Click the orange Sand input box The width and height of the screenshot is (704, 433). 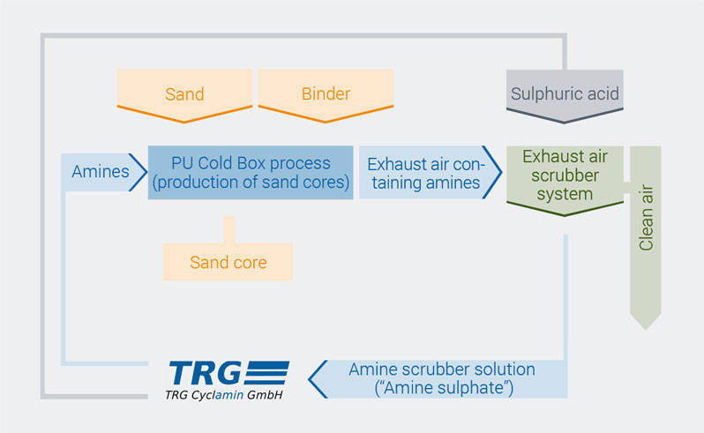coord(184,95)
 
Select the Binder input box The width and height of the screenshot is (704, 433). coord(326,95)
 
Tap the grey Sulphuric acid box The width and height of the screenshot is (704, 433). coord(565,95)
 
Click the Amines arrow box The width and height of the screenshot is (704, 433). coord(104,172)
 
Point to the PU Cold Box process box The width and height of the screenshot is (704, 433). coord(251,172)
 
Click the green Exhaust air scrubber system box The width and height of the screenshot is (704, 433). coord(565,180)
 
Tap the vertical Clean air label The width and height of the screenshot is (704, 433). coord(646,217)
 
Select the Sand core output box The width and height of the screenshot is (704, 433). coord(228,262)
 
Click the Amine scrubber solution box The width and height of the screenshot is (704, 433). coord(438,379)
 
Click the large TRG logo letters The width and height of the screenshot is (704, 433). coord(205,373)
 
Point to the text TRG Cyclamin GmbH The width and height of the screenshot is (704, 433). coord(224,395)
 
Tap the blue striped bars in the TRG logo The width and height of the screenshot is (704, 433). coord(267,373)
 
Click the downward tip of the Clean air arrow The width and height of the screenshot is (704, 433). coord(646,330)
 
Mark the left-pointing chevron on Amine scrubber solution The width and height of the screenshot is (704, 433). coord(318,379)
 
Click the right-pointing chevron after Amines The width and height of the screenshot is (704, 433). coord(138,172)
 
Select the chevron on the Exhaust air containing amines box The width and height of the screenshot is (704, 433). coord(492,172)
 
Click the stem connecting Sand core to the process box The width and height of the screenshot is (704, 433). coord(229,230)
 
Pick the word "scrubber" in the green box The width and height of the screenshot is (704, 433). coord(565,175)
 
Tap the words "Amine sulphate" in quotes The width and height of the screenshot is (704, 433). coord(444,388)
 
